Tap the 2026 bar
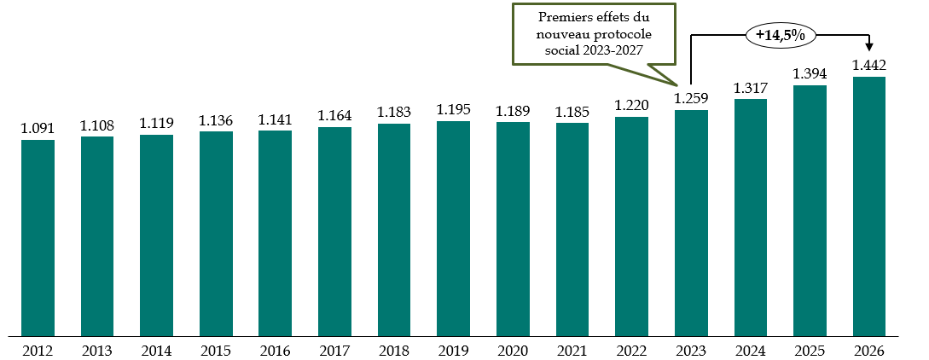868,205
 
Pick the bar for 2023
691,222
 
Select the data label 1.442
868,66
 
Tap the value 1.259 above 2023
691,99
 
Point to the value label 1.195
453,110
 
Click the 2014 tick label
156,350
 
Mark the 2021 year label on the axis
572,350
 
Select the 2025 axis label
810,350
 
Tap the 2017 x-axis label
334,350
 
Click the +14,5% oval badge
781,35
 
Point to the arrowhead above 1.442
869,49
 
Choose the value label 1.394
810,74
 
